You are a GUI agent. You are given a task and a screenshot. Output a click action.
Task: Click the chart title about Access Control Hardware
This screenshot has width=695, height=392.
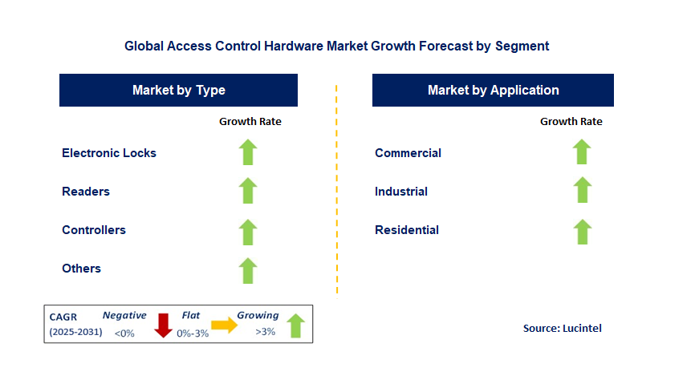click(x=336, y=46)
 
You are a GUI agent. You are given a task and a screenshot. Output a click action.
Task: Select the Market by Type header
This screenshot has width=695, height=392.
click(x=178, y=90)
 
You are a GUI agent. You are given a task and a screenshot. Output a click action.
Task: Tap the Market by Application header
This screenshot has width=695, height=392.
click(x=493, y=90)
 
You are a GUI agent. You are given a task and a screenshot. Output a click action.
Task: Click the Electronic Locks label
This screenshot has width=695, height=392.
click(x=109, y=153)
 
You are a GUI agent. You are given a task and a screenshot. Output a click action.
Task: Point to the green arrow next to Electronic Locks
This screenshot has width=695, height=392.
click(x=248, y=152)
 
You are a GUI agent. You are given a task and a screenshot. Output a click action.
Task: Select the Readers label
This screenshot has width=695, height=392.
click(x=86, y=192)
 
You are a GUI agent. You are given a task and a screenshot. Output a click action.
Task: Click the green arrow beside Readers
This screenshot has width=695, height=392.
click(x=248, y=191)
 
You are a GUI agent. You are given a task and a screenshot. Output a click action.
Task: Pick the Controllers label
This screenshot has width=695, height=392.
click(x=94, y=230)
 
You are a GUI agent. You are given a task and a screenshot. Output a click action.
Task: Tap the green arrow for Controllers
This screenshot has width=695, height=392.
click(x=248, y=231)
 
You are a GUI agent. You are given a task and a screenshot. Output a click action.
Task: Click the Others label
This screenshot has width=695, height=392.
click(x=81, y=269)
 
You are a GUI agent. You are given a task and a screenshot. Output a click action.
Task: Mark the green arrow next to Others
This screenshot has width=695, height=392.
click(x=248, y=270)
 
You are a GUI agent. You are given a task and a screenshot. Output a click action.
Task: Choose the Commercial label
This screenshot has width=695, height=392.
click(x=408, y=153)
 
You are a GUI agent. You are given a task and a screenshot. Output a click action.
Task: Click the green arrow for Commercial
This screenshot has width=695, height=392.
click(x=582, y=152)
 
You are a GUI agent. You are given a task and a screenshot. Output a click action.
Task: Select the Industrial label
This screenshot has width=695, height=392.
click(x=401, y=192)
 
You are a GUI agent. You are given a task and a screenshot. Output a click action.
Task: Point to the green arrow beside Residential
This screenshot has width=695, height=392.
click(x=582, y=231)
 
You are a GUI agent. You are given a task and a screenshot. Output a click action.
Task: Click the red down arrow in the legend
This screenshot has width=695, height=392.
click(x=164, y=325)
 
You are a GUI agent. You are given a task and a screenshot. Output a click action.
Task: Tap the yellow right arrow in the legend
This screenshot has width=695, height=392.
click(x=225, y=325)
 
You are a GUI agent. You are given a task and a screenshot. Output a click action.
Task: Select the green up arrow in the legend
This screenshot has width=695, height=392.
click(x=295, y=325)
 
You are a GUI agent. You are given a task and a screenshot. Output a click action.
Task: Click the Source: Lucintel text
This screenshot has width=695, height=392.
click(x=562, y=328)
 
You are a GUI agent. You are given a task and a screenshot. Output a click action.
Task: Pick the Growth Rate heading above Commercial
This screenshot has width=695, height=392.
click(x=571, y=122)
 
